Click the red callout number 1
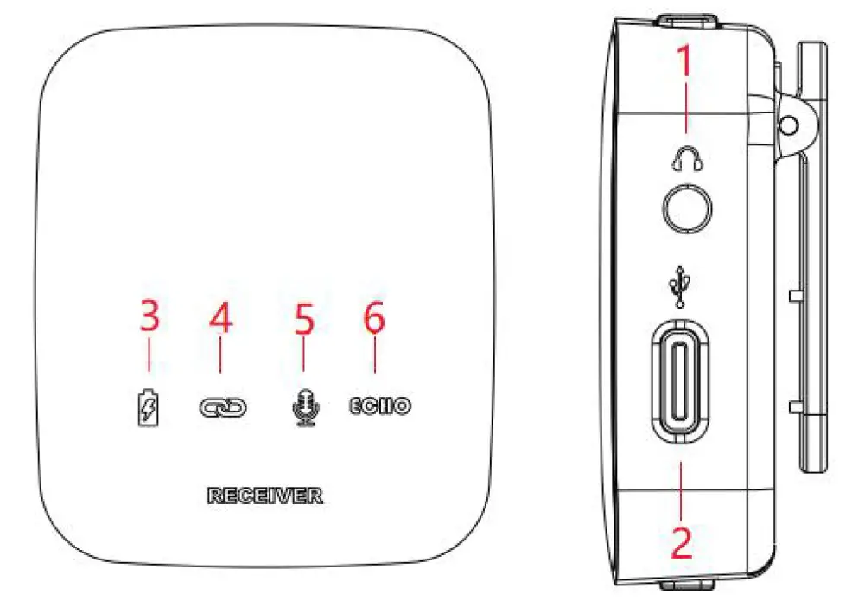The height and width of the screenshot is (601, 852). pyautogui.click(x=684, y=64)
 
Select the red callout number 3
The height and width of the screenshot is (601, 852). pyautogui.click(x=149, y=318)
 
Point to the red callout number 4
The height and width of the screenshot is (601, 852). pyautogui.click(x=221, y=318)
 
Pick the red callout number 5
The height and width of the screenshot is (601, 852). pyautogui.click(x=302, y=318)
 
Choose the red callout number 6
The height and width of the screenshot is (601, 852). pyautogui.click(x=373, y=318)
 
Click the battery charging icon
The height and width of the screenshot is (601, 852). pyautogui.click(x=149, y=406)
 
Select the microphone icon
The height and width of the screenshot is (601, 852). pyautogui.click(x=303, y=406)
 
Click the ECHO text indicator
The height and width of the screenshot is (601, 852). pyautogui.click(x=379, y=404)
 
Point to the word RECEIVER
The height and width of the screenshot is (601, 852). pyautogui.click(x=264, y=496)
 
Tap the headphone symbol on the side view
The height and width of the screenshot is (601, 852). pyautogui.click(x=687, y=157)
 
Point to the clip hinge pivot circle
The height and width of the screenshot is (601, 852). pyautogui.click(x=785, y=125)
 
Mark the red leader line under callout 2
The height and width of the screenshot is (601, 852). pyautogui.click(x=682, y=489)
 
